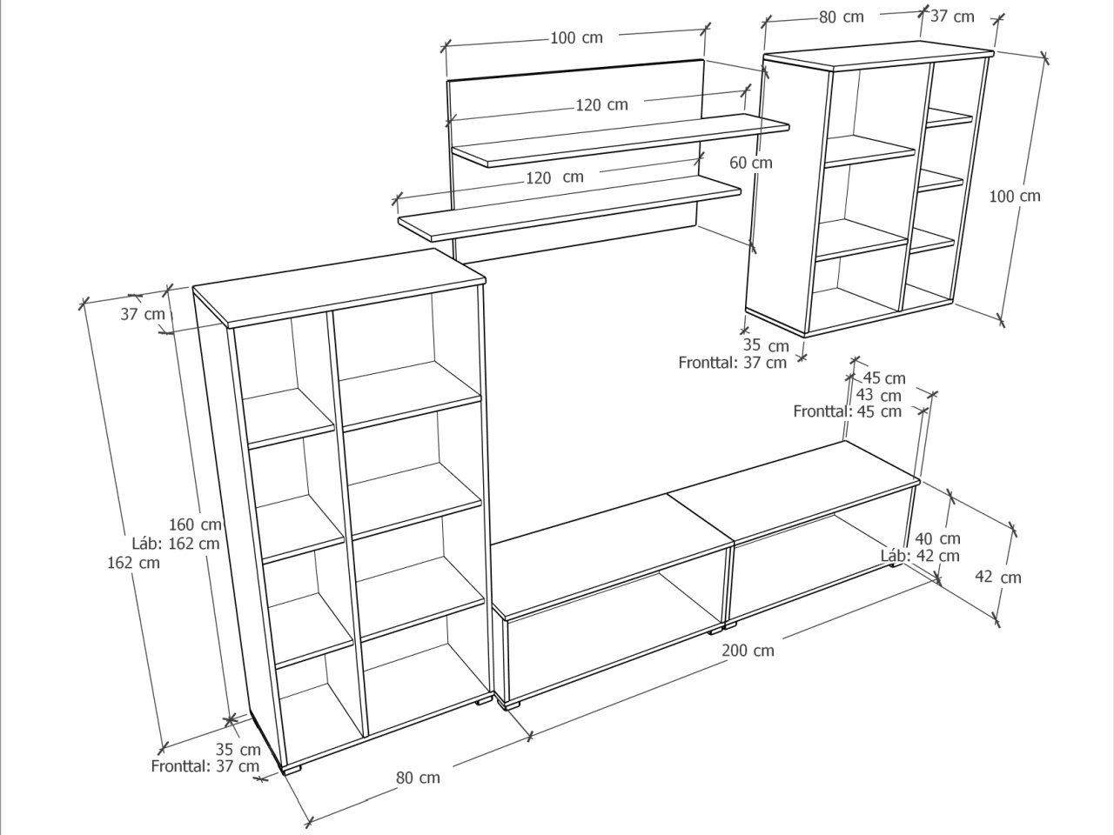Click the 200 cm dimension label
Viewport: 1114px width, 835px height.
[748, 650]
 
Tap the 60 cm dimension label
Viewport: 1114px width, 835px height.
[750, 163]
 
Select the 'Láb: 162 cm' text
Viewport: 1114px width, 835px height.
[176, 544]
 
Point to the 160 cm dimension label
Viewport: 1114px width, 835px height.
[195, 524]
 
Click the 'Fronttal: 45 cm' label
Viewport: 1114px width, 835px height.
[847, 411]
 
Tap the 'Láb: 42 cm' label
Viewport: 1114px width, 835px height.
[920, 556]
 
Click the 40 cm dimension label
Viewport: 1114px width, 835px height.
[937, 538]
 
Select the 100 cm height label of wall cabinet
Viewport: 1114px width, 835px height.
[1015, 197]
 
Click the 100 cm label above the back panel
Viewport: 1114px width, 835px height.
[576, 38]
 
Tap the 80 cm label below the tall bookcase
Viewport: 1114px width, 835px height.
[418, 778]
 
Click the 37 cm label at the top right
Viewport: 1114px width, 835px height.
[952, 17]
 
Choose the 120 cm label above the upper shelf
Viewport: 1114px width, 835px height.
[602, 105]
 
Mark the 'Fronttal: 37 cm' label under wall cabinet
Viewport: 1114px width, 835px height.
[732, 363]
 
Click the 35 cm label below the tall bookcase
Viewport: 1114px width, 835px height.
[238, 749]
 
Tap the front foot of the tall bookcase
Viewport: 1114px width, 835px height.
[292, 769]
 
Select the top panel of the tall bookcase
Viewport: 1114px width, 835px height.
[339, 287]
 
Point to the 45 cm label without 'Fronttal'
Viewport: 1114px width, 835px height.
[884, 378]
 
